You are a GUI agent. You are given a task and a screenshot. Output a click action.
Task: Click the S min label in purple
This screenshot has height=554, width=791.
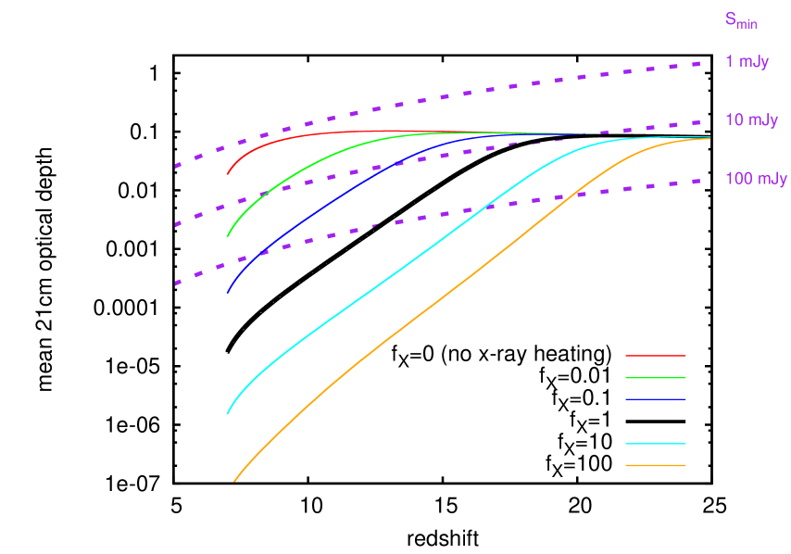pos(741,20)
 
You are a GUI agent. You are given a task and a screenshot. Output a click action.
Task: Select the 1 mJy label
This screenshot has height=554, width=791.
pos(747,62)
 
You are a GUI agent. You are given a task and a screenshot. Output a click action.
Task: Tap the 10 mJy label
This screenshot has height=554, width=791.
pos(751,120)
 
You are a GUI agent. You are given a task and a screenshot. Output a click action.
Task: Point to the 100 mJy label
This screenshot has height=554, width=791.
pos(756,179)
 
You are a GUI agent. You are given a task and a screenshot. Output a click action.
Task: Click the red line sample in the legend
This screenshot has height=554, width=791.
pos(655,355)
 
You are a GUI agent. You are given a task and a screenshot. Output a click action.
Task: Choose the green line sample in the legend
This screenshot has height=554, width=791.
pos(655,378)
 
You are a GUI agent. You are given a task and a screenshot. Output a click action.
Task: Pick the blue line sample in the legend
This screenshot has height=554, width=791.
pos(655,399)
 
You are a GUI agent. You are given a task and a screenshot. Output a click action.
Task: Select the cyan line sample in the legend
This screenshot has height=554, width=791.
pos(655,444)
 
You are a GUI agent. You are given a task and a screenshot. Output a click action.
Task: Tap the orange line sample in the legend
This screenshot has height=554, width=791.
pos(655,465)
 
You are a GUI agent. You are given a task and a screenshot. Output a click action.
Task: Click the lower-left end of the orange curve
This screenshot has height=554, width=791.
pos(234,481)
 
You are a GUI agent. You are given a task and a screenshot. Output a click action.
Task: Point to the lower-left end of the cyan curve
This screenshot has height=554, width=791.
pos(228,413)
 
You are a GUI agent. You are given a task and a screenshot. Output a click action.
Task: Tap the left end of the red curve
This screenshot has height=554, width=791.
pos(228,174)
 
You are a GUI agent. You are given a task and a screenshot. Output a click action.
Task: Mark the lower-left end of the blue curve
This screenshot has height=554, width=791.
pos(228,294)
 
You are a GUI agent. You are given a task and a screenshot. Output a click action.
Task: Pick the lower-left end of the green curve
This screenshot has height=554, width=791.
pos(228,235)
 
